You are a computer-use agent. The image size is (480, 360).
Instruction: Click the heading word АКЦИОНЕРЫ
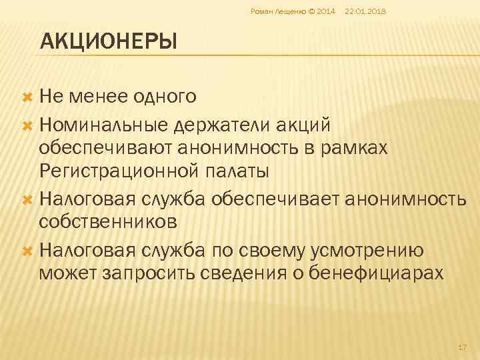point(109,43)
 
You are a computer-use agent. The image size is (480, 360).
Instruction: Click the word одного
point(165,97)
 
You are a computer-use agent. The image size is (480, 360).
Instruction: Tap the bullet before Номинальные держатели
point(28,124)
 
